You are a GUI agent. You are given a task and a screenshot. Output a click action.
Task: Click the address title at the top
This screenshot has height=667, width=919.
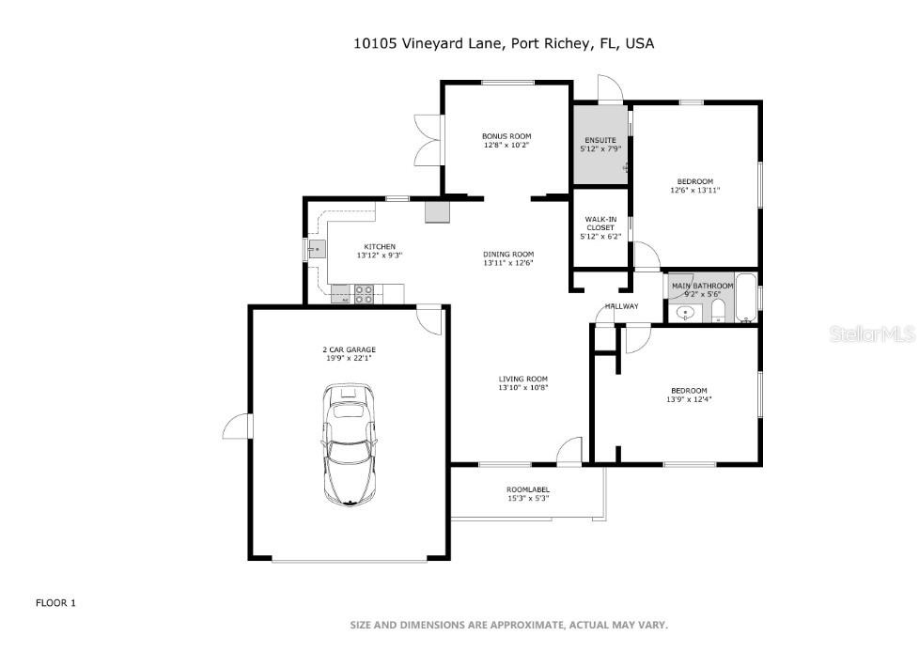coord(504,43)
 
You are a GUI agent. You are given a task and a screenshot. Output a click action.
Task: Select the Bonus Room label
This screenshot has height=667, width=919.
coord(506,136)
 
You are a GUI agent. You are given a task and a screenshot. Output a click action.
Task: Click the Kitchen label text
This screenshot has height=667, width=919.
coord(380,246)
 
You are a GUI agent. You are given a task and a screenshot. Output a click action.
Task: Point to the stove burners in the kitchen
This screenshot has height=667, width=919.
coord(365,293)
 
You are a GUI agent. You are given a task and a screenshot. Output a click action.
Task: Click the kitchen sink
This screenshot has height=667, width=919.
coord(316,249)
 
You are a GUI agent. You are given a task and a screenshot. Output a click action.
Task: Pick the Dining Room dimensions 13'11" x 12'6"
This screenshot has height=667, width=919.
coord(508,263)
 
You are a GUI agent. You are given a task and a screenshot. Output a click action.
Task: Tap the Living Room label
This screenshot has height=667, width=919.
coord(522,379)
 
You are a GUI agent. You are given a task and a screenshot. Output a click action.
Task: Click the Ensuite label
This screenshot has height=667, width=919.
coord(600,140)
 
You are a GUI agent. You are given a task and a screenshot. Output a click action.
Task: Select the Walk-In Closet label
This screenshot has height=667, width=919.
coord(600,224)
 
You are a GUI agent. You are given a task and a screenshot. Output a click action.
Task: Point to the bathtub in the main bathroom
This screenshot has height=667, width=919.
coord(747,299)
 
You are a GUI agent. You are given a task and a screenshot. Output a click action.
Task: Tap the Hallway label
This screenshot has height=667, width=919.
coord(621,306)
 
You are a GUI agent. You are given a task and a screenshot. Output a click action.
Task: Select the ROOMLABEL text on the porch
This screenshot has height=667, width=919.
coord(528,489)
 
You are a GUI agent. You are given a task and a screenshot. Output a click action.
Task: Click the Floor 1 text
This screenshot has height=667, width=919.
coord(55,603)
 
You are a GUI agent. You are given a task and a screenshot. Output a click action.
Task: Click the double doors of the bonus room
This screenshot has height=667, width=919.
coord(428,141)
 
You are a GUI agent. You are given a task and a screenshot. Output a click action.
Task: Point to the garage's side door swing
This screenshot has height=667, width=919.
coord(237,427)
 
